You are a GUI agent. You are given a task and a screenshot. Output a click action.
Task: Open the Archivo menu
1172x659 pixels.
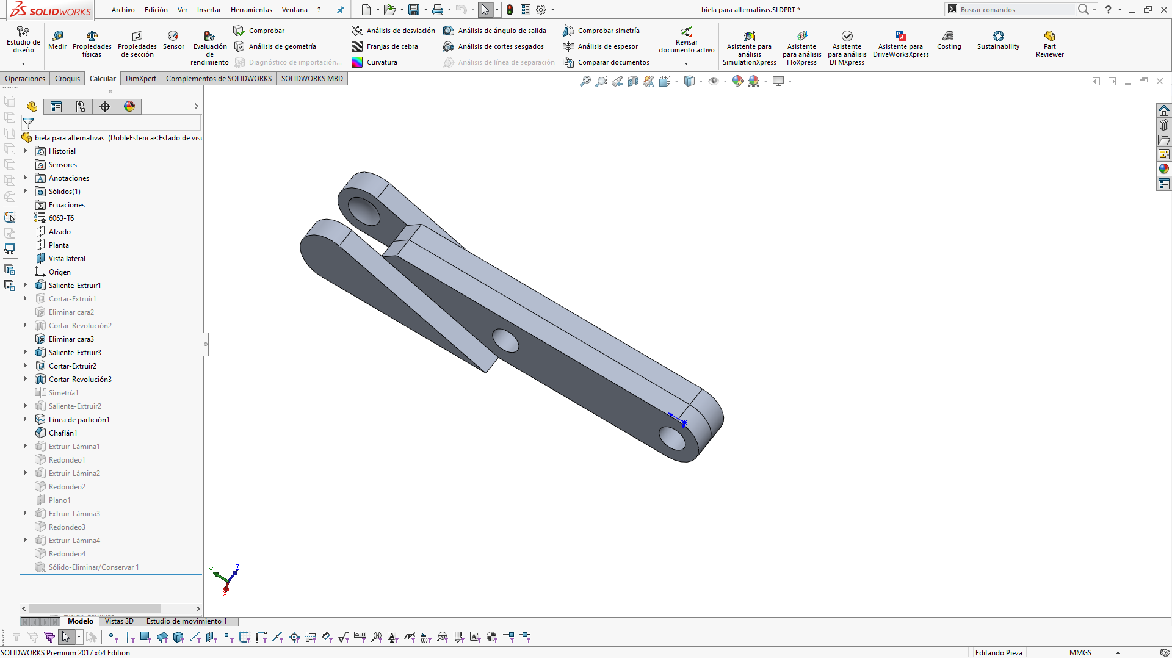coord(123,10)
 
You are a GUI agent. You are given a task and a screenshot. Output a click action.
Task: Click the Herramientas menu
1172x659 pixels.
coord(251,10)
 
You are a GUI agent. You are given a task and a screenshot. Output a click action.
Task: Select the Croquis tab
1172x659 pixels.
coord(67,79)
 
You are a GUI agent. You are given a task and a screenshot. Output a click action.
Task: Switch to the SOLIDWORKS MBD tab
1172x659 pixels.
coord(312,79)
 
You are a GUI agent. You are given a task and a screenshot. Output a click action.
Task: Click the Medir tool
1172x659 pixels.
coord(57,40)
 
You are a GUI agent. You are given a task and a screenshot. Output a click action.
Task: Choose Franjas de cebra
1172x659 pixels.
coord(392,46)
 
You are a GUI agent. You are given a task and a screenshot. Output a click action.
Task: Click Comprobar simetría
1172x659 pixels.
coord(608,31)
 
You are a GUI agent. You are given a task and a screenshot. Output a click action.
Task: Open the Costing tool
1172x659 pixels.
coord(949,40)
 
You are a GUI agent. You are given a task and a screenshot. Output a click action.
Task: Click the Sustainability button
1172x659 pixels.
coord(998,40)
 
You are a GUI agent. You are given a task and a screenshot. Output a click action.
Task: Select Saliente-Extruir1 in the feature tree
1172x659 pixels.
coord(74,286)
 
